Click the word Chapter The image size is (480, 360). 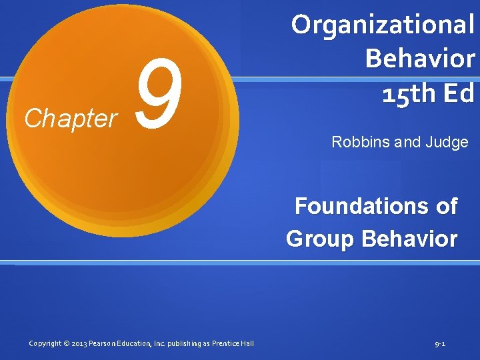[x=70, y=119]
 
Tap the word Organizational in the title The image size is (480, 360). [x=383, y=25]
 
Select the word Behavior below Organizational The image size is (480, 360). [x=420, y=59]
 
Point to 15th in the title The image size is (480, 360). [x=407, y=93]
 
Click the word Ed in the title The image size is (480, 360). [x=457, y=93]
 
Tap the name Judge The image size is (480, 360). [x=447, y=143]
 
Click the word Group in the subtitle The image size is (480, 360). [x=320, y=239]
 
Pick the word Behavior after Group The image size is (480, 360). [x=410, y=238]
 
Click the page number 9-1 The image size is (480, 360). [x=440, y=344]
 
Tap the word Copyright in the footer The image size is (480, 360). [x=45, y=344]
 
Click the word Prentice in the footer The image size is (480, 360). [x=225, y=344]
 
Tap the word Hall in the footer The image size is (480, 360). [x=247, y=344]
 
